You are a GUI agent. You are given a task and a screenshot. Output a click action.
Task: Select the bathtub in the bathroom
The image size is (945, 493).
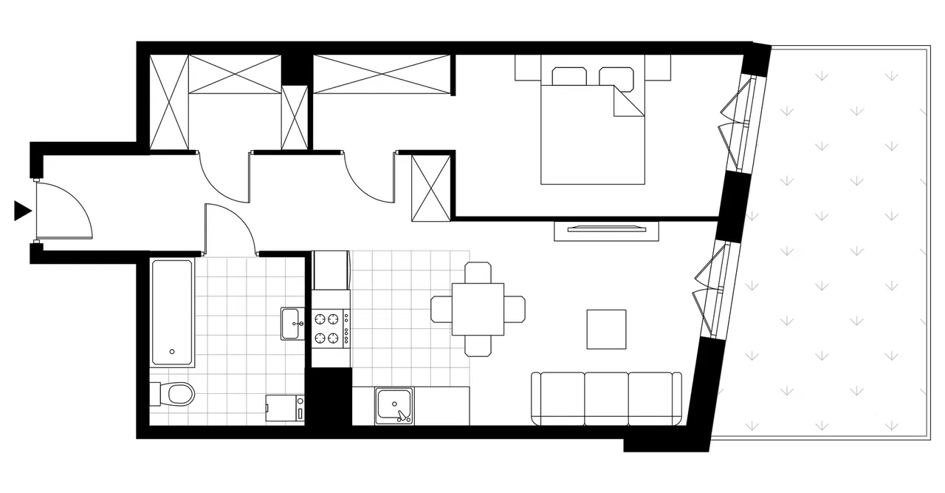173,313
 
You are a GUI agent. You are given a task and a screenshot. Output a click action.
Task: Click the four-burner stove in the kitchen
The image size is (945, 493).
331,329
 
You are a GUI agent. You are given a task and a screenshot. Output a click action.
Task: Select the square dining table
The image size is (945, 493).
478,309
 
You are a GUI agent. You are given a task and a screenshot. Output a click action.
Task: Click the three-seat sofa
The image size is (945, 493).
606,399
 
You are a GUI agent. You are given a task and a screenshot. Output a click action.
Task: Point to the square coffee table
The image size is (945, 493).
606,329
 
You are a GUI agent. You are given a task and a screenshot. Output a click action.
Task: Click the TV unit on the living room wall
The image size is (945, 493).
605,229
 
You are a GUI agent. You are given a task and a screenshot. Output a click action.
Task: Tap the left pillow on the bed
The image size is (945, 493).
568,77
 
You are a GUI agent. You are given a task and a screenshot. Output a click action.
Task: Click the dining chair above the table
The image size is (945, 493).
478,272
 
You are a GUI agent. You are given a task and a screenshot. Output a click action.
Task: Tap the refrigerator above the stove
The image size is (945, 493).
331,271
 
